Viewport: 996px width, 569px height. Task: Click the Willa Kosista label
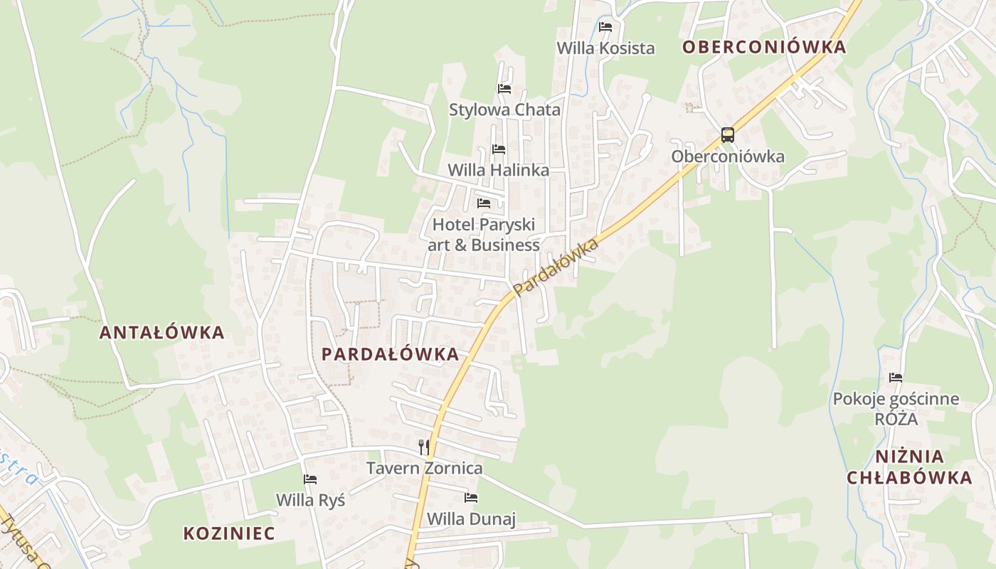(605, 48)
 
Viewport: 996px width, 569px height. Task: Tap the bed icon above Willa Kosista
(605, 27)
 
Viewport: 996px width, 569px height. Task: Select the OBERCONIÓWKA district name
(764, 48)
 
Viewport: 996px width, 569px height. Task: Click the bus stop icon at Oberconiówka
(727, 134)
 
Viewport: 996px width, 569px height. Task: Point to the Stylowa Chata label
(504, 110)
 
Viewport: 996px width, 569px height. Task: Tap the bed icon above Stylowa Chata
(504, 89)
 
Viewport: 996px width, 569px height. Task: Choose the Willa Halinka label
(498, 171)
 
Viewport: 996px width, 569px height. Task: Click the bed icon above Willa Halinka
(499, 149)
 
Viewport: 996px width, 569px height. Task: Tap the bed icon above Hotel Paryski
(484, 203)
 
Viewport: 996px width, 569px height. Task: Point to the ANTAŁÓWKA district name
(161, 332)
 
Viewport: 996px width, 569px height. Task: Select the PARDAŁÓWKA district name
(390, 354)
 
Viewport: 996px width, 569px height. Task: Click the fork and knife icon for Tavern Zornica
(424, 447)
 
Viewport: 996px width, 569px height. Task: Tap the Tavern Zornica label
(424, 468)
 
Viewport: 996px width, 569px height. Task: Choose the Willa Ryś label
(310, 500)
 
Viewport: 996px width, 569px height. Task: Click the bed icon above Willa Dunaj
(471, 497)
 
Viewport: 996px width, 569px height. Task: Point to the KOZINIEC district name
(229, 533)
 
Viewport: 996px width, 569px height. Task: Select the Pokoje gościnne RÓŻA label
(896, 409)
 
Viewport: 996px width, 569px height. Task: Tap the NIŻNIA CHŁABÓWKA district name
(909, 467)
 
